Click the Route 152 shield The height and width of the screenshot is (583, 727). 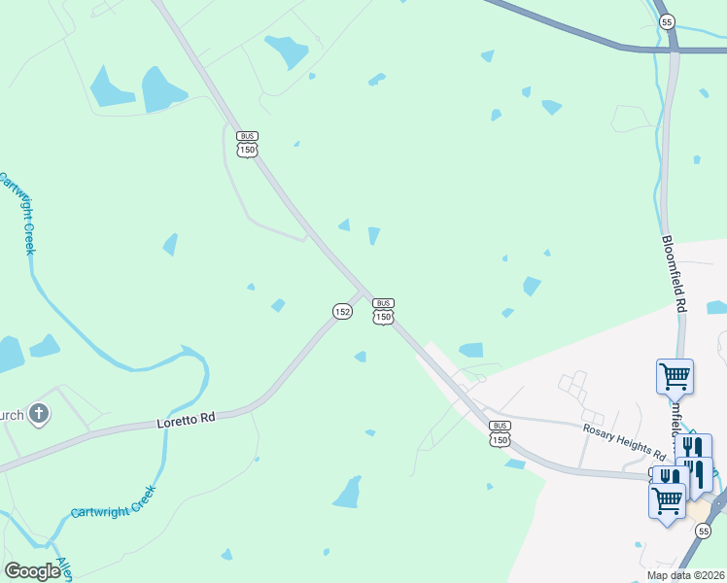341,311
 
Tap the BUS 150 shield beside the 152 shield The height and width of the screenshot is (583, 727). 383,312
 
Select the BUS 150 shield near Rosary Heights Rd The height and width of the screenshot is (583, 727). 500,434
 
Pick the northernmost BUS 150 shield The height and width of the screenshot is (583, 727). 248,145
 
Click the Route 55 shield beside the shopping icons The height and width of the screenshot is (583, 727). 702,531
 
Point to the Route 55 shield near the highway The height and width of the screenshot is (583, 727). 666,20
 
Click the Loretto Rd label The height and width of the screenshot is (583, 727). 185,421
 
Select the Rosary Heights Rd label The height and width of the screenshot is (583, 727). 624,442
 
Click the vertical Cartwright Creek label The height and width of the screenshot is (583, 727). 17,213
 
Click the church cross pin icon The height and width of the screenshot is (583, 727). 38,415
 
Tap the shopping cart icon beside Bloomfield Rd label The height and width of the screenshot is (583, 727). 675,375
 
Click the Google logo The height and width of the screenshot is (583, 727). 33,571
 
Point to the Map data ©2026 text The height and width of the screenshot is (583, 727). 686,575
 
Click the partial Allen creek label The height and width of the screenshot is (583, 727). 65,569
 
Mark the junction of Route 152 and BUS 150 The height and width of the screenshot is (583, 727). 364,292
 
